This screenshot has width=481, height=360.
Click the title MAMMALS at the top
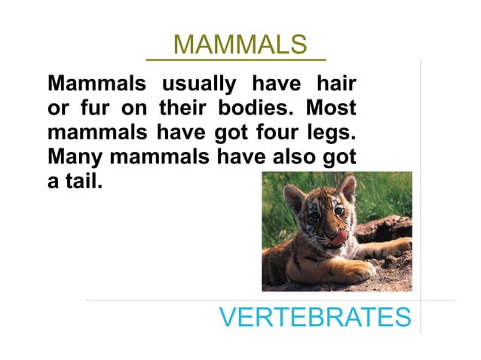tap(240, 44)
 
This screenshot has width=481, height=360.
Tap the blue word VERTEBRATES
tap(315, 318)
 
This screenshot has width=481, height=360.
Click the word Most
tap(331, 108)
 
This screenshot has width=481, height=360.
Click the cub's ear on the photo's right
tap(347, 188)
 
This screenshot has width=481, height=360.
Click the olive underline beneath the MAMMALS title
tap(236, 59)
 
